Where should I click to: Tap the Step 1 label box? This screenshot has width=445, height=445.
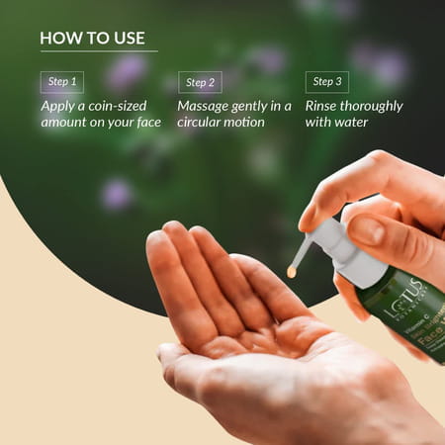61,82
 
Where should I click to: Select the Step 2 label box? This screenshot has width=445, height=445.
200,82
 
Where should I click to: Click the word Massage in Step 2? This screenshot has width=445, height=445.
204,105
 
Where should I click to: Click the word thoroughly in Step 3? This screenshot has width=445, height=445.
372,105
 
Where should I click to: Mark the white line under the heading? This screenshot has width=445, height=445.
98,51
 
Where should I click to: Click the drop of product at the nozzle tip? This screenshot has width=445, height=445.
293,270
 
